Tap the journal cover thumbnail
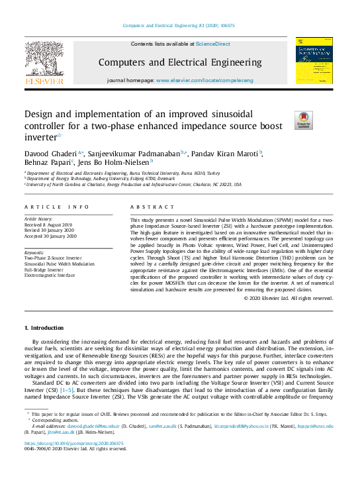(314, 62)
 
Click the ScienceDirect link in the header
(212, 44)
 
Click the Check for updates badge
(285, 120)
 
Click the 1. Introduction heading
(44, 328)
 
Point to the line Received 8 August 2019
(49, 223)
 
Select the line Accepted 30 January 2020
(50, 235)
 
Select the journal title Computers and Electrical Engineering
(179, 63)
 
